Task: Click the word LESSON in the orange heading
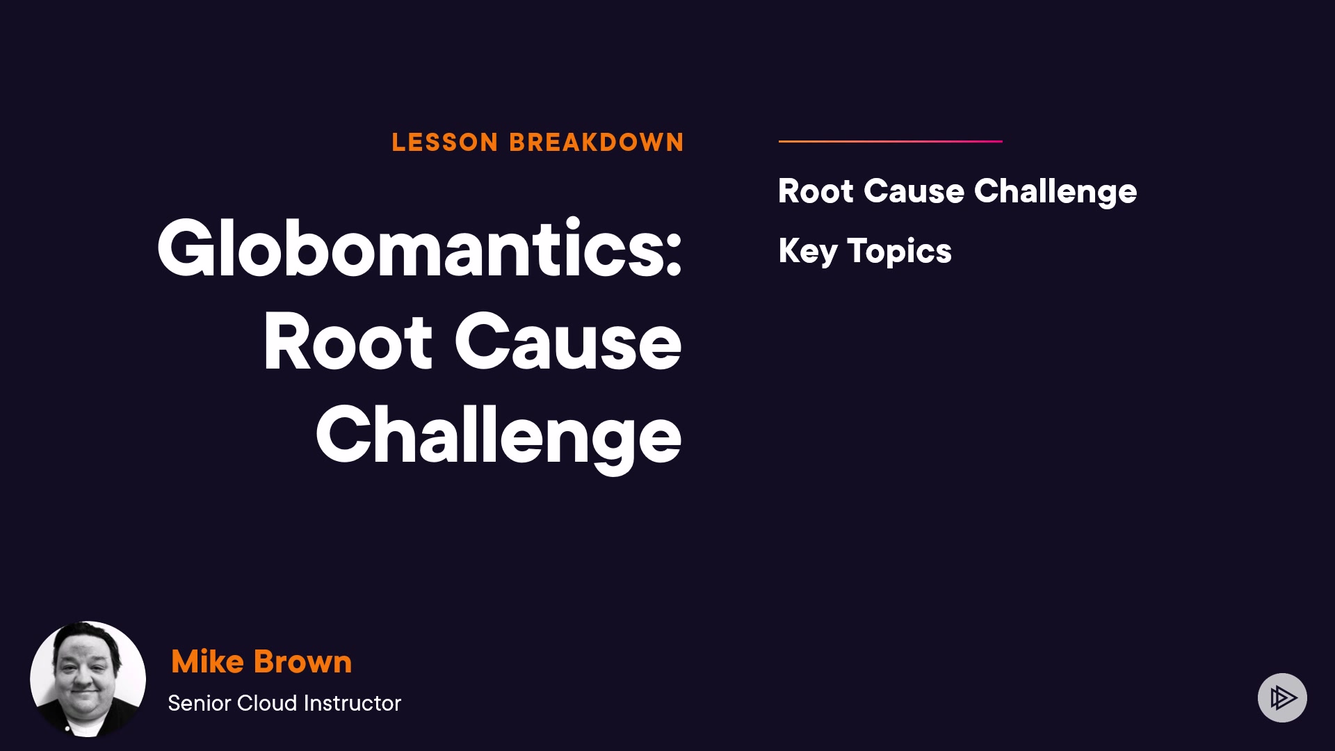445,143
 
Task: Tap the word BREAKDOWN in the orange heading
597,143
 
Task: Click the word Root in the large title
348,342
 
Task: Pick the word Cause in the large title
568,342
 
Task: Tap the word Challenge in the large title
499,437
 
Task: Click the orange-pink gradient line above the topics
891,141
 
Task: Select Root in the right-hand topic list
816,191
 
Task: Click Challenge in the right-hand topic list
1055,193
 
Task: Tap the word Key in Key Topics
808,252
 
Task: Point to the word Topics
900,252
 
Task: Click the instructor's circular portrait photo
88,679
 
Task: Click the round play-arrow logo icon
1283,697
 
